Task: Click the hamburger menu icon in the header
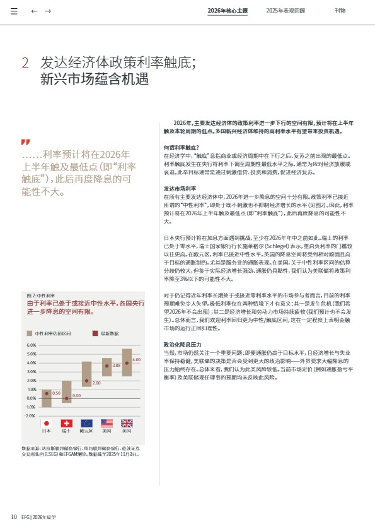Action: pos(14,11)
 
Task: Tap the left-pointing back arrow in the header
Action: pos(35,11)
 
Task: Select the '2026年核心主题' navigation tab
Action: pos(228,11)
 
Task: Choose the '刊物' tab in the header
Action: pos(340,11)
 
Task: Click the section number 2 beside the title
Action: pos(25,63)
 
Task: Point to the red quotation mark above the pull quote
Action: pos(25,142)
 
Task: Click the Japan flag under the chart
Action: pos(46,423)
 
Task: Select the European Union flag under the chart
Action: pos(86,423)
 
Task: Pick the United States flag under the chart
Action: pos(107,423)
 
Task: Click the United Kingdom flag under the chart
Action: pos(127,423)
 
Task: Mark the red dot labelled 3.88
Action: pos(107,366)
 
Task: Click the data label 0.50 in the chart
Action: pos(55,393)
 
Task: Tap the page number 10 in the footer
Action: pos(13,517)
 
